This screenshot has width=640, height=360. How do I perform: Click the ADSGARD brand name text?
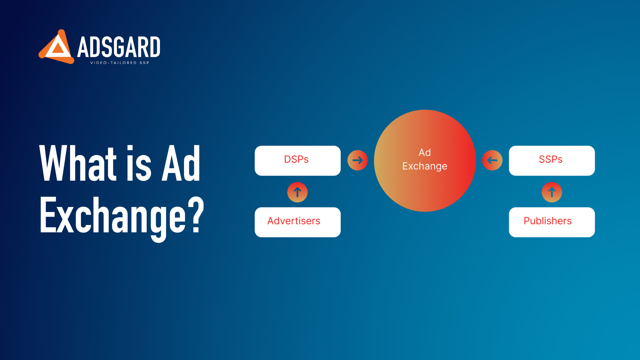click(119, 47)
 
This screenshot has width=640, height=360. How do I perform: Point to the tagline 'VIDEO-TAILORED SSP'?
click(120, 63)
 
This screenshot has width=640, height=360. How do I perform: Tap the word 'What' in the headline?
click(78, 163)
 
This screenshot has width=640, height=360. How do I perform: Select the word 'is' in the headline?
click(139, 163)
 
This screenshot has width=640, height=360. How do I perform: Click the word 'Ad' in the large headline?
click(181, 163)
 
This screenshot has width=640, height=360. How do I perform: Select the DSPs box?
click(298, 161)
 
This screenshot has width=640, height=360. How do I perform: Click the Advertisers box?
click(298, 222)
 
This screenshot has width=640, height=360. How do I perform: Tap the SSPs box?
click(552, 161)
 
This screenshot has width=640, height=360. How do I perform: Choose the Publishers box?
click(552, 222)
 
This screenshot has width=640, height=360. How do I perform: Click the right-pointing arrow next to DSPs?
click(358, 160)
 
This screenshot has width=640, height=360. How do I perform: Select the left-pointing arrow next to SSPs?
click(492, 160)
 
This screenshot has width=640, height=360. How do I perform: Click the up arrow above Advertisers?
click(297, 192)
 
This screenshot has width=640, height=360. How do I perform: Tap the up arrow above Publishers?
click(552, 192)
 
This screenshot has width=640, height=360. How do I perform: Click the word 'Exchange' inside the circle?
click(425, 166)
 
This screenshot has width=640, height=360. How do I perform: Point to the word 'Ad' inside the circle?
click(425, 153)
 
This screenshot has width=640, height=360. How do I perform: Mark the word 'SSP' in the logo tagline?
click(144, 63)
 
